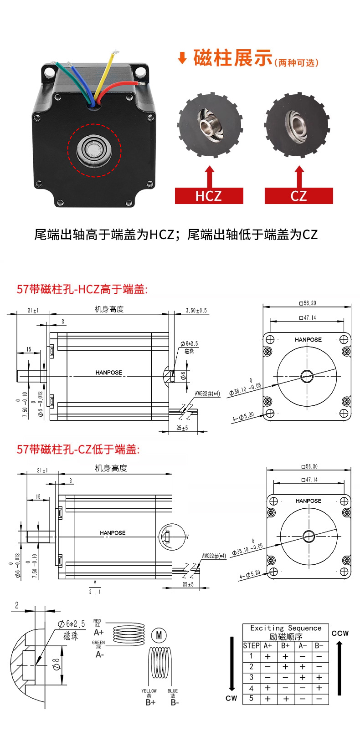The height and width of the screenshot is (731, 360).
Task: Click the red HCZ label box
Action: [x=209, y=196]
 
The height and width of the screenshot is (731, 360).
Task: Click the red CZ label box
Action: [x=298, y=196]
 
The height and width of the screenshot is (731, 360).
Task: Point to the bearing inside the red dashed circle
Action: [x=94, y=150]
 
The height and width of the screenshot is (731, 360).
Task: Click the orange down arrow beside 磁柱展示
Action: [x=182, y=58]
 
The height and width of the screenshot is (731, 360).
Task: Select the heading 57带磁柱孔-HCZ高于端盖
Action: [x=82, y=289]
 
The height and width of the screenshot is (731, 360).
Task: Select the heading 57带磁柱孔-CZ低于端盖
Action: [x=78, y=450]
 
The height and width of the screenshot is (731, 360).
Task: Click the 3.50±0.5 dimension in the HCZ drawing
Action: [x=196, y=311]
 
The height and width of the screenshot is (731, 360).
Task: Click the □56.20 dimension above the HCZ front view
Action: [x=308, y=303]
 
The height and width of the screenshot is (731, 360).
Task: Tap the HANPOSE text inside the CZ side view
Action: [x=113, y=532]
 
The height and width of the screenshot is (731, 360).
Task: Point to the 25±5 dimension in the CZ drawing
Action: [x=188, y=584]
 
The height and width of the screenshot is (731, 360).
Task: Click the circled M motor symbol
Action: [x=159, y=635]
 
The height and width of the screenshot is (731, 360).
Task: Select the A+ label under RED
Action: [x=99, y=632]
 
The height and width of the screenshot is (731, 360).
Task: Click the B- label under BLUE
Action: [x=175, y=702]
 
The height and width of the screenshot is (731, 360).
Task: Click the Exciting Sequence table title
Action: [x=286, y=628]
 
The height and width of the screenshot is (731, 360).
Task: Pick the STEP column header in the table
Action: [x=251, y=645]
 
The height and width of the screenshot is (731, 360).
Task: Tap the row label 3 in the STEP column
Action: [x=251, y=677]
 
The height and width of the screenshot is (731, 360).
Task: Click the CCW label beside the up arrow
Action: [x=340, y=633]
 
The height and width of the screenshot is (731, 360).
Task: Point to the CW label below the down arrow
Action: [x=231, y=698]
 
